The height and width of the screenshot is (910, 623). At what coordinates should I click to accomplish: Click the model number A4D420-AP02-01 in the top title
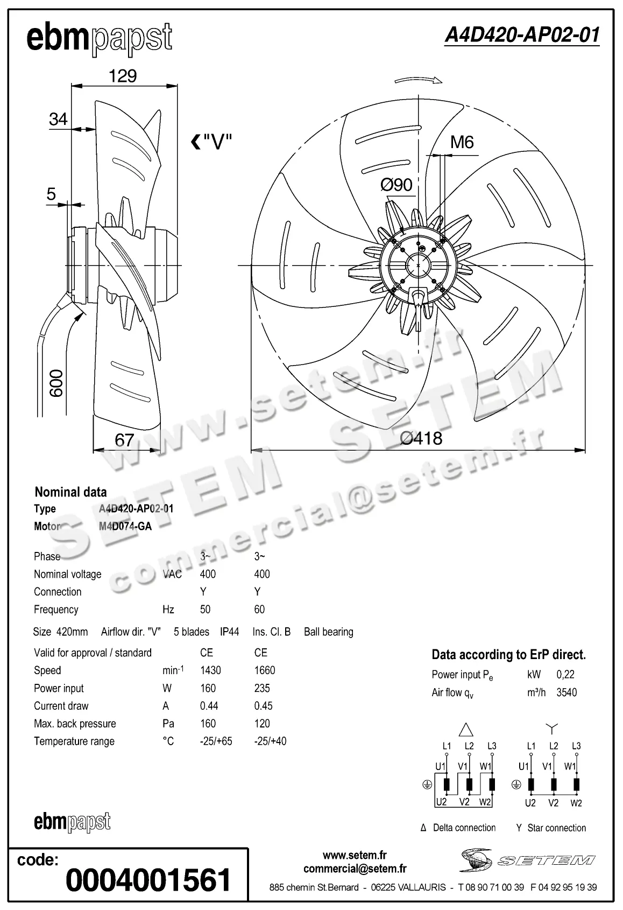tap(521, 35)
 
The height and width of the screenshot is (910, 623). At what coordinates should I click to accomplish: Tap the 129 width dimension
tap(123, 76)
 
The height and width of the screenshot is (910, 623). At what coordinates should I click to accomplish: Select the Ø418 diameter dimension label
tap(421, 438)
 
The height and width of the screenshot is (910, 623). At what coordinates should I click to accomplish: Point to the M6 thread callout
tap(462, 142)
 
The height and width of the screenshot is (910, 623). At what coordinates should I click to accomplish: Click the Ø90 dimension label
tap(397, 185)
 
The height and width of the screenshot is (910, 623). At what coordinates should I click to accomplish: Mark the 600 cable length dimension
tap(56, 383)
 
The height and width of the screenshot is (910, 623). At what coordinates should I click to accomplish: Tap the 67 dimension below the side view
tap(124, 440)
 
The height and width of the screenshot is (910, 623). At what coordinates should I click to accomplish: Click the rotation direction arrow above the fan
tap(418, 80)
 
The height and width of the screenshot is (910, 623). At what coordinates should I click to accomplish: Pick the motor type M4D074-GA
tap(125, 526)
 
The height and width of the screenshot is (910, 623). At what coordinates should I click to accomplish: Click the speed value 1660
tap(264, 670)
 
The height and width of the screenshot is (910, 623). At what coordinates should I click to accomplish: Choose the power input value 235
tap(262, 688)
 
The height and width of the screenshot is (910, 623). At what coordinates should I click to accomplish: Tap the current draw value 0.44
tap(208, 706)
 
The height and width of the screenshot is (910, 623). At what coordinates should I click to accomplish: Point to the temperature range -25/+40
tap(270, 741)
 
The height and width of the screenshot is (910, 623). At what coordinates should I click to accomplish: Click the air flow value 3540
tap(567, 692)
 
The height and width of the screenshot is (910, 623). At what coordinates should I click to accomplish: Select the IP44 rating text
tap(229, 632)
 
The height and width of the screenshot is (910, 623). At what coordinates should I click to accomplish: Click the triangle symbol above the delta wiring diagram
tap(466, 729)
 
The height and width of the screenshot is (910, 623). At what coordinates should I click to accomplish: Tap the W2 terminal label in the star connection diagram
tap(576, 803)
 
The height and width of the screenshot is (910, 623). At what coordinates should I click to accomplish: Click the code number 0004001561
tap(148, 879)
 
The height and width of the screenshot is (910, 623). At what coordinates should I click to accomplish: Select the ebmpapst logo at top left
tap(100, 39)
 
